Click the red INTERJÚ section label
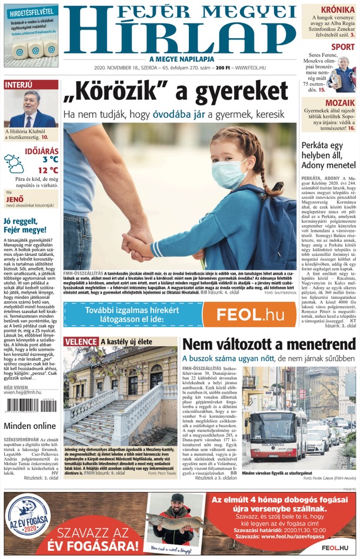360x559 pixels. click(x=19, y=85)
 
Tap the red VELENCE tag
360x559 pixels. click(x=81, y=341)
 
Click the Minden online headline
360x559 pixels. click(x=30, y=426)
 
